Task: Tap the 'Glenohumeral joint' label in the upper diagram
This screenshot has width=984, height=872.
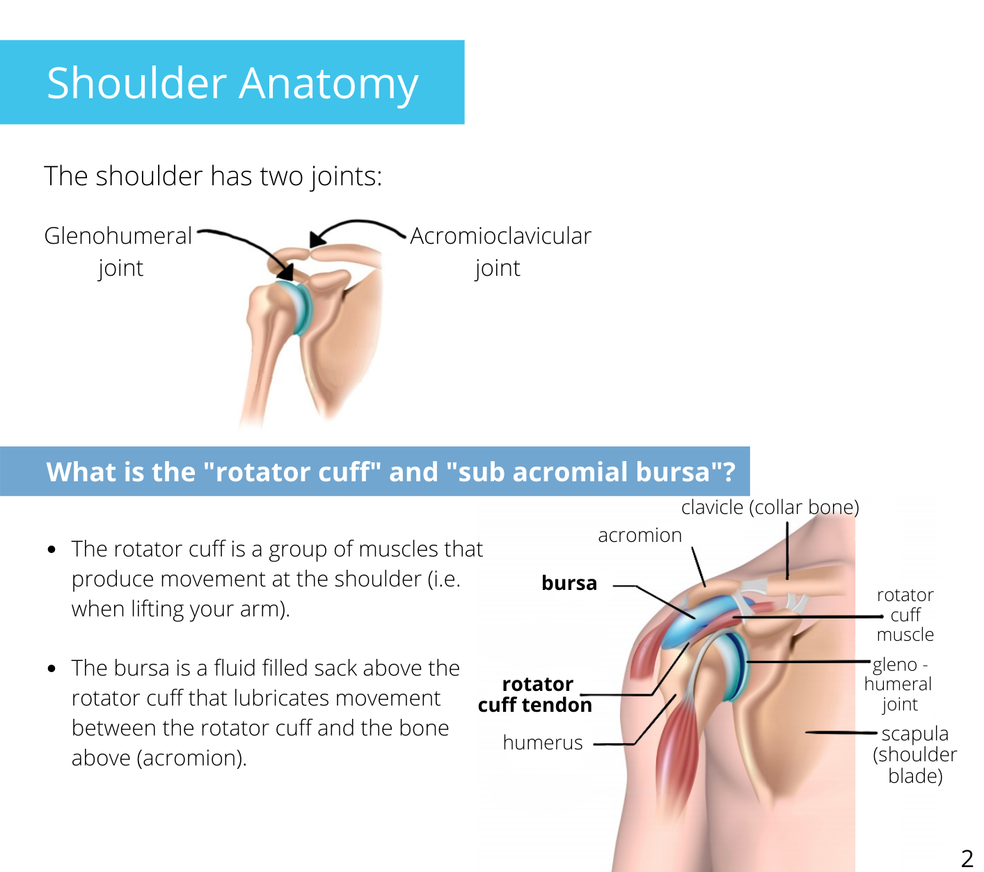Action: (118, 251)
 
